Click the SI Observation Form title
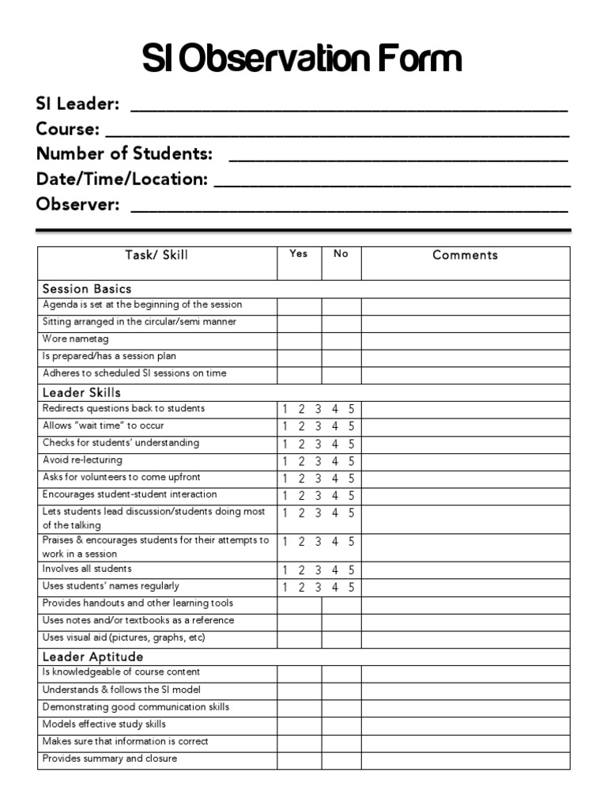coord(302,59)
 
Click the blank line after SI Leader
coord(348,106)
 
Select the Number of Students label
coord(124,153)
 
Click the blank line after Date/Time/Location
coord(392,180)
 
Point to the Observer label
coord(77,205)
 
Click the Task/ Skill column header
coord(156,255)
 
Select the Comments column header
coord(465,255)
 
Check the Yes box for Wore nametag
coord(299,340)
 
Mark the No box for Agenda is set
coord(341,306)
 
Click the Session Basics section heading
coord(87,289)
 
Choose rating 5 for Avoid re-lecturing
coord(351,461)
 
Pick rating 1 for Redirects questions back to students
coord(285,410)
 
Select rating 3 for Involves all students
coord(318,570)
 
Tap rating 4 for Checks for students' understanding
coord(334,445)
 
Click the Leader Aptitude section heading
coord(92,657)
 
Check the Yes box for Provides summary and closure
coord(299,760)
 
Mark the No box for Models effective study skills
coord(341,725)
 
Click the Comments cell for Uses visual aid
coord(465,638)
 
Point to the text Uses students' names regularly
coord(111,587)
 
